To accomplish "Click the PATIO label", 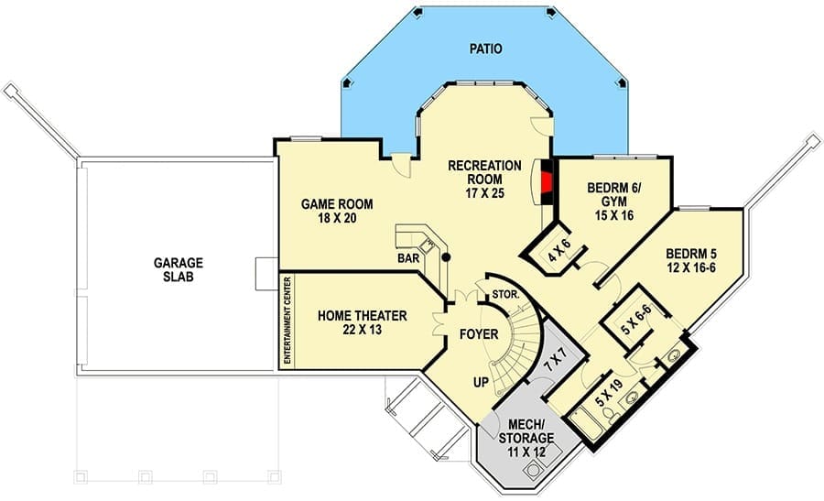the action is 485,49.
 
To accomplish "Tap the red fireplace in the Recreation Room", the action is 548,183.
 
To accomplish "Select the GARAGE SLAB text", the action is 179,269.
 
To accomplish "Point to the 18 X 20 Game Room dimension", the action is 337,218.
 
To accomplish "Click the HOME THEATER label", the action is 362,315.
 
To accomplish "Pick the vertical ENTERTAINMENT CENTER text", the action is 287,321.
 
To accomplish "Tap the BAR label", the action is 408,258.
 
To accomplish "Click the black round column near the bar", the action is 446,257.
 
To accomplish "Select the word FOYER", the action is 479,334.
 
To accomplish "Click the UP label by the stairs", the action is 481,383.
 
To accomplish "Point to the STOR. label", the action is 505,295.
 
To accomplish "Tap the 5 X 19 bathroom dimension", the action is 609,392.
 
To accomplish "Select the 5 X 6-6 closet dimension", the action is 635,320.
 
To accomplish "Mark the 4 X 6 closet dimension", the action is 558,250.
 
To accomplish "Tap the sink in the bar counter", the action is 428,245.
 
